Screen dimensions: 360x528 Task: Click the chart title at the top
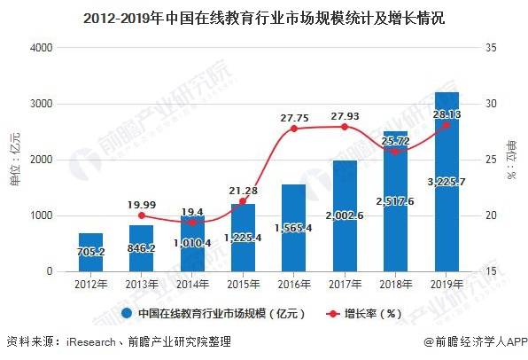click(264, 15)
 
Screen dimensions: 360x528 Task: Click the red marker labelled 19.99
click(141, 215)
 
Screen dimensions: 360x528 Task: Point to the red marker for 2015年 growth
click(243, 201)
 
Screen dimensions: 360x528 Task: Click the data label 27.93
click(345, 115)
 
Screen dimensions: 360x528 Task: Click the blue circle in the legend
click(128, 313)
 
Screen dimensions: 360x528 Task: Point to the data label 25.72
click(395, 141)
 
